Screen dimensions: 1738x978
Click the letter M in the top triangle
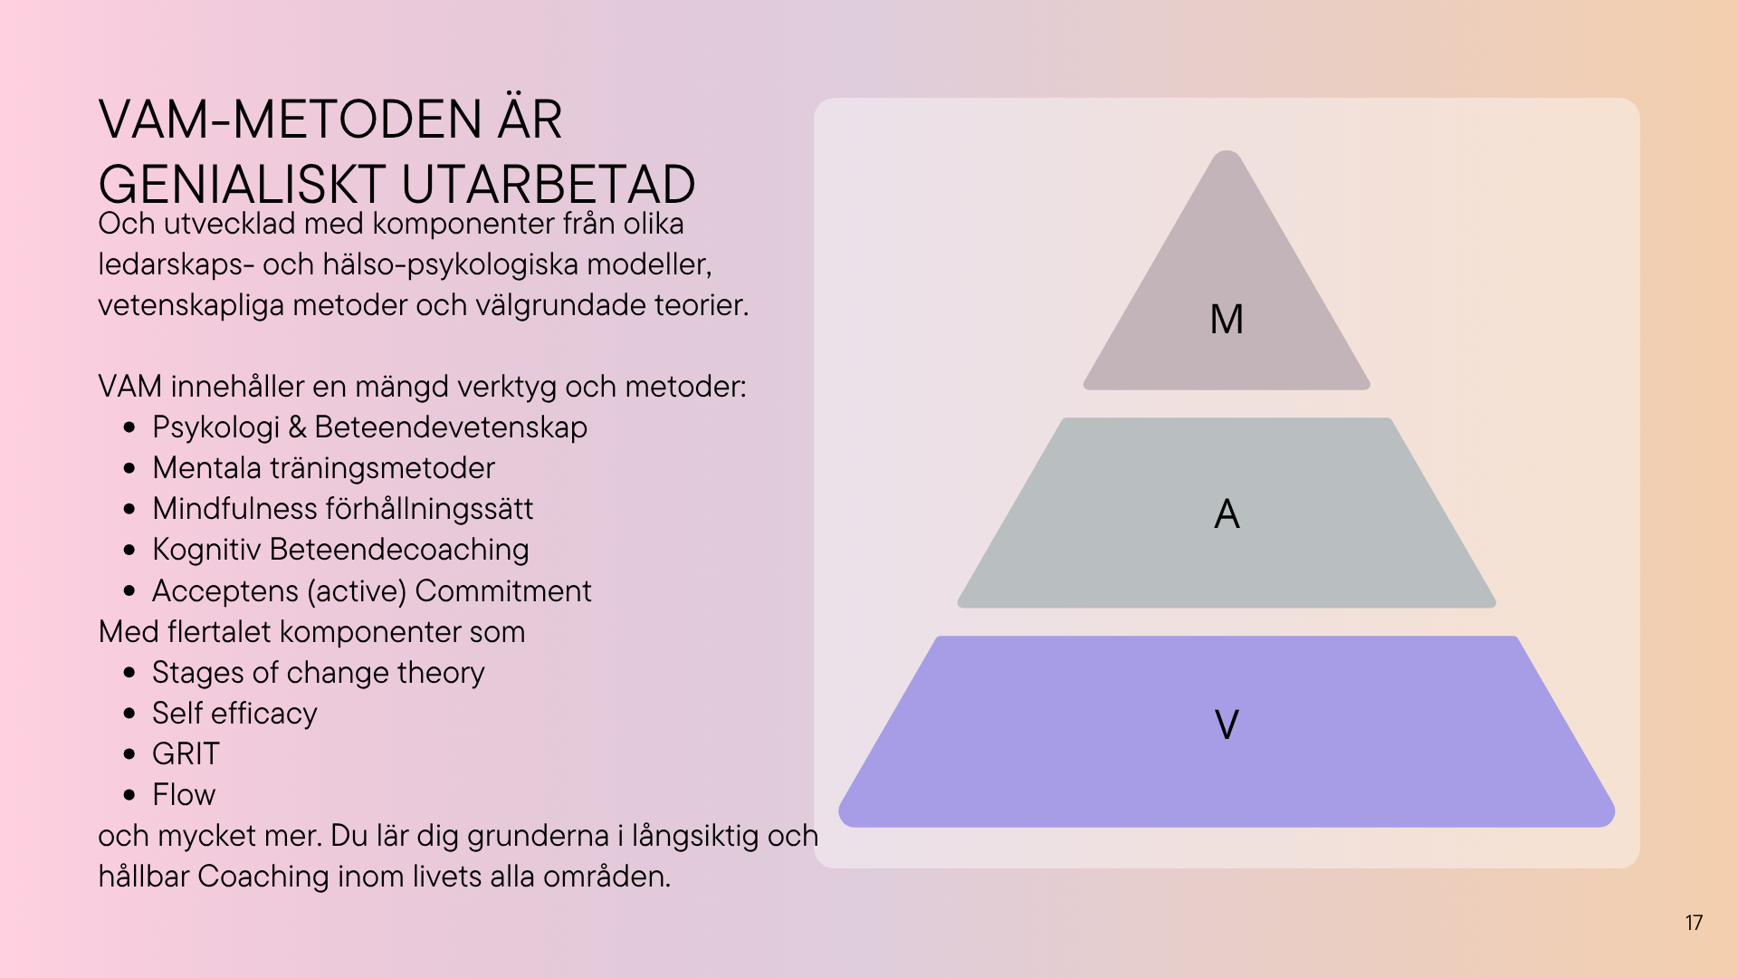click(x=1227, y=319)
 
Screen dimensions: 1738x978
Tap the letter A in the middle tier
click(x=1227, y=514)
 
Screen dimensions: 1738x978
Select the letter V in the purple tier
click(x=1227, y=724)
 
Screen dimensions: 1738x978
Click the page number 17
click(x=1694, y=923)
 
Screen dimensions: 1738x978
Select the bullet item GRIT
click(x=186, y=753)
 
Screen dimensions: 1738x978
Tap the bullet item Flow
click(x=184, y=794)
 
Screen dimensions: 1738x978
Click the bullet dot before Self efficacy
click(x=129, y=714)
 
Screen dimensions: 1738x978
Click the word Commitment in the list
click(x=503, y=590)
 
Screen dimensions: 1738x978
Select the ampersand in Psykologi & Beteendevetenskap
click(x=297, y=427)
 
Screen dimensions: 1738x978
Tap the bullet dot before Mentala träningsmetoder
click(x=129, y=468)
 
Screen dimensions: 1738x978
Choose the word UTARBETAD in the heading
click(x=548, y=185)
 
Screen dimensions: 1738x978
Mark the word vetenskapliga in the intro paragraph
click(x=191, y=305)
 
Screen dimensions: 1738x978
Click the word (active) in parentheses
click(x=357, y=590)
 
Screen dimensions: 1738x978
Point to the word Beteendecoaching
click(x=399, y=550)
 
